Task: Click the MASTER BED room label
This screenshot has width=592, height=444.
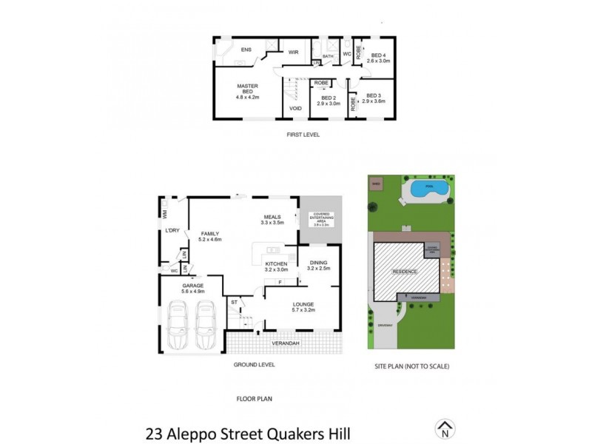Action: [246, 87]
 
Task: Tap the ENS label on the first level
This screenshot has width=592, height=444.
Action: [246, 50]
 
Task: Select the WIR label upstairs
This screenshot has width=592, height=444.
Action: [293, 53]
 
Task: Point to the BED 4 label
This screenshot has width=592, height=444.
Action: [378, 55]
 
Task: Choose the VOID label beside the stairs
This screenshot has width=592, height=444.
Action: [295, 109]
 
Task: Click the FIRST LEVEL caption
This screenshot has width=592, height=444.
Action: [302, 135]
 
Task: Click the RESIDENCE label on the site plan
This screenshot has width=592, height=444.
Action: [405, 272]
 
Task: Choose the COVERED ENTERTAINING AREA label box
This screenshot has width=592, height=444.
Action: [321, 219]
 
